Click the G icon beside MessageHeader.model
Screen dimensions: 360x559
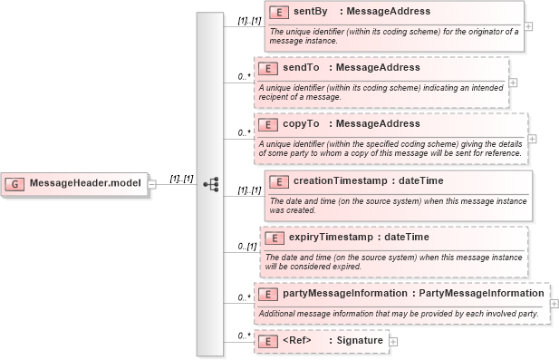pos(16,183)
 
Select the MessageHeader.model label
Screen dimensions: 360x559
pos(85,183)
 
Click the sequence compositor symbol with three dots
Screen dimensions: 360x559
pos(210,183)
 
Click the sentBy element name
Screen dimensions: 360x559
pos(312,13)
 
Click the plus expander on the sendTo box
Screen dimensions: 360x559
pos(514,82)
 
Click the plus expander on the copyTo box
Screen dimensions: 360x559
pos(532,139)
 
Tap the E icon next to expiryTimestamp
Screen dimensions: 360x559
pos(274,238)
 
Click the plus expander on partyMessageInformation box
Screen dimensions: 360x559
pos(554,304)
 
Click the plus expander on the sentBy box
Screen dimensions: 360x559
pos(528,25)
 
